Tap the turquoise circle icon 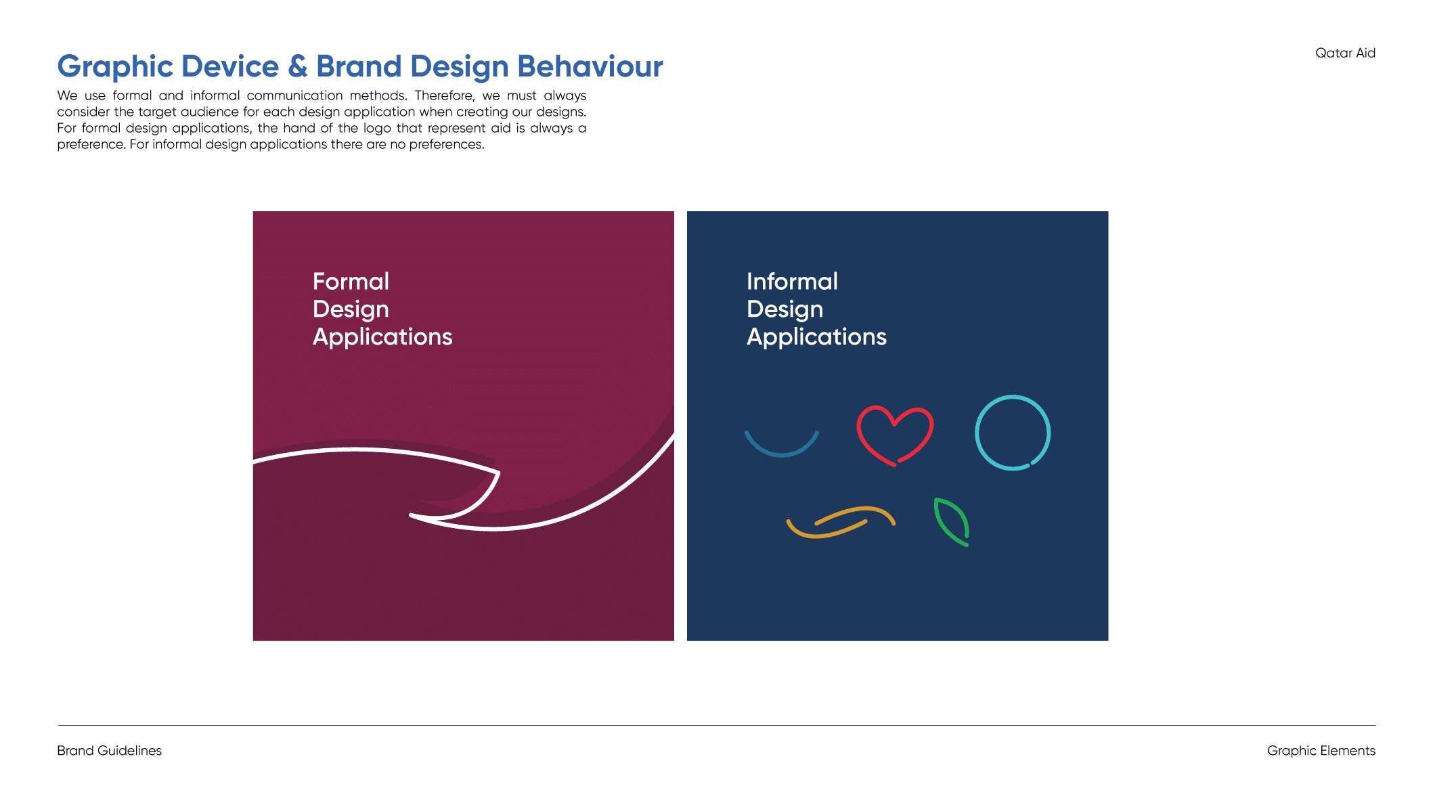[977, 433]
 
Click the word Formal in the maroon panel [351, 281]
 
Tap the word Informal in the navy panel [792, 281]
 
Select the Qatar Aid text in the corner [1345, 53]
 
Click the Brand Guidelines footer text [109, 750]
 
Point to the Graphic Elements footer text [1321, 751]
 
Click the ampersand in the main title [298, 66]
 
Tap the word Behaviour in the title [590, 66]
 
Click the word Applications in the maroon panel [382, 337]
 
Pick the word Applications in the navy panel [816, 337]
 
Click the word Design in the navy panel [785, 309]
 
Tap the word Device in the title [230, 66]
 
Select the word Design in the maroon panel [351, 309]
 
